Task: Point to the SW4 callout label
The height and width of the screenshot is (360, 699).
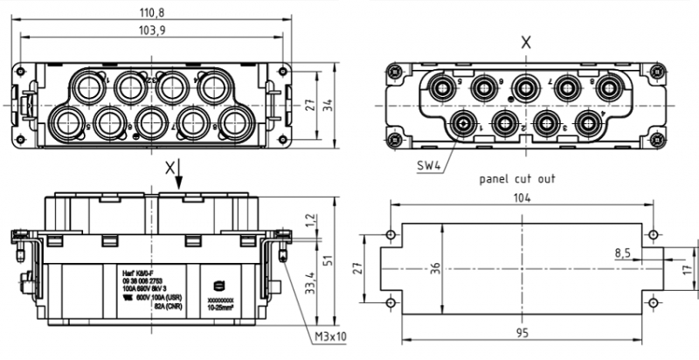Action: [x=427, y=163]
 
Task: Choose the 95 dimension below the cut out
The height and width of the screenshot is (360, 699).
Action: [x=522, y=333]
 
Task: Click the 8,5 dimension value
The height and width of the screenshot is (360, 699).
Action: [x=623, y=253]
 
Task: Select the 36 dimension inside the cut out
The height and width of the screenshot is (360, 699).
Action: [x=435, y=268]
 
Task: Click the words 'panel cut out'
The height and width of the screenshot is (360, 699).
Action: [x=517, y=178]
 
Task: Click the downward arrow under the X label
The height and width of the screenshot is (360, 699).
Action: [x=179, y=178]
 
